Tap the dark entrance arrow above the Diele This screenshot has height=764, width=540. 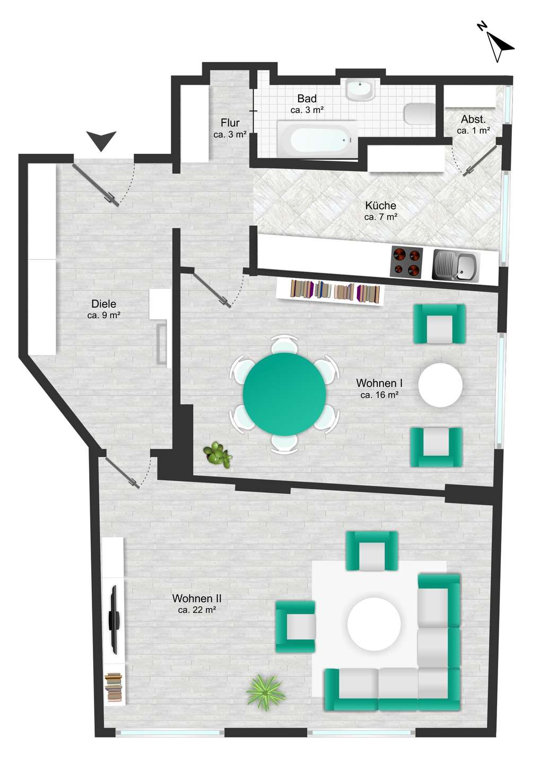point(101,140)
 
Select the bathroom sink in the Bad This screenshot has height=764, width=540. point(360,90)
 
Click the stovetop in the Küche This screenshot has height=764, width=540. point(407,262)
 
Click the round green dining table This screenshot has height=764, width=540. point(285,394)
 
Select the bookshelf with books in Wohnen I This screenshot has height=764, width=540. point(330,292)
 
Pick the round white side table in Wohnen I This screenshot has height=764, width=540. point(440,385)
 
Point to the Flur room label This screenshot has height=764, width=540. point(230,123)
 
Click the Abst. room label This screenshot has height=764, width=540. point(473,119)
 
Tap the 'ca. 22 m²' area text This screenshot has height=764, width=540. point(197,610)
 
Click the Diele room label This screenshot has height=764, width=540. point(104,303)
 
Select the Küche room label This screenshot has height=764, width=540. point(381,206)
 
